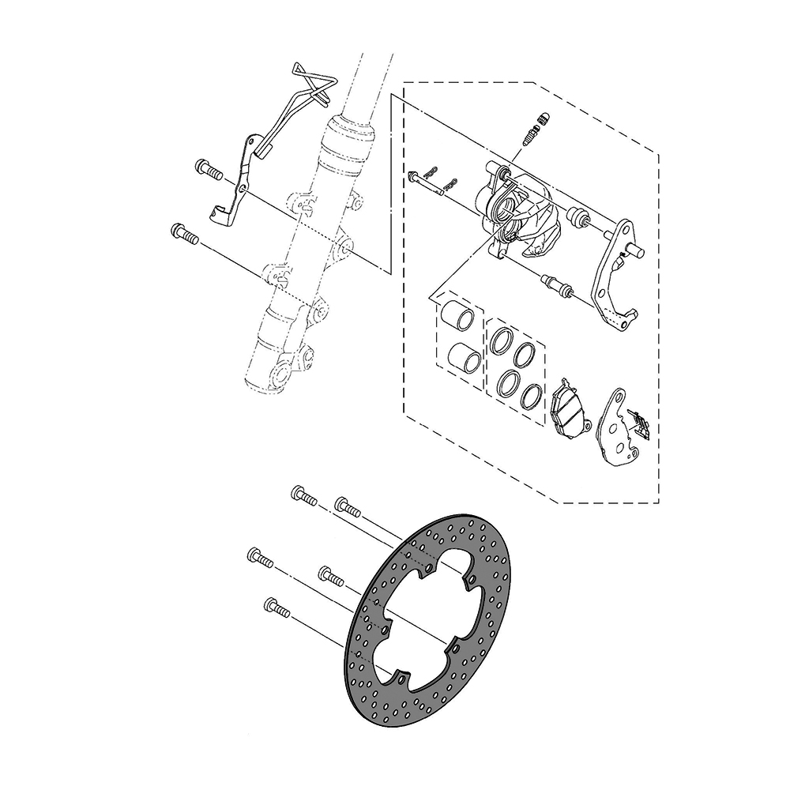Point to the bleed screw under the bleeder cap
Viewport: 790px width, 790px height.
tap(531, 136)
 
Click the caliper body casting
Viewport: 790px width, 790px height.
tap(521, 213)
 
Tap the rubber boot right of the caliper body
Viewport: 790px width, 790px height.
tap(579, 215)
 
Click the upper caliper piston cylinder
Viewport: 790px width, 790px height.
tap(459, 315)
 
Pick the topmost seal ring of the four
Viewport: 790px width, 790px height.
tap(502, 339)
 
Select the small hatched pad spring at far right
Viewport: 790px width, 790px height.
tap(642, 423)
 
